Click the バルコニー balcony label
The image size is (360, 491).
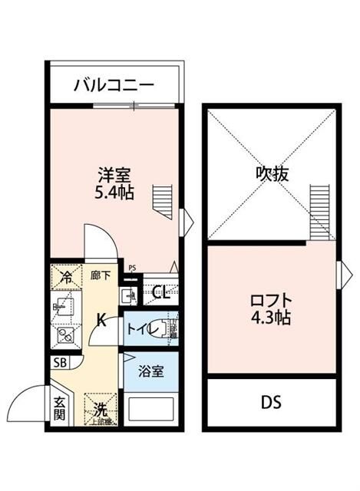click(114, 86)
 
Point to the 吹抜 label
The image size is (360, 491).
click(272, 174)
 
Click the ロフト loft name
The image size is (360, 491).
click(272, 299)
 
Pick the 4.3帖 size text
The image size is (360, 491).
click(272, 317)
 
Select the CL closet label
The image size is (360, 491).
click(161, 292)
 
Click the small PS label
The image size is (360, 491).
click(132, 268)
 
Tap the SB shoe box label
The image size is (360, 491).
click(59, 364)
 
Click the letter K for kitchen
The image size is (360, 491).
click(101, 321)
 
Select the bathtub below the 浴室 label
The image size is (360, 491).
click(150, 409)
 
